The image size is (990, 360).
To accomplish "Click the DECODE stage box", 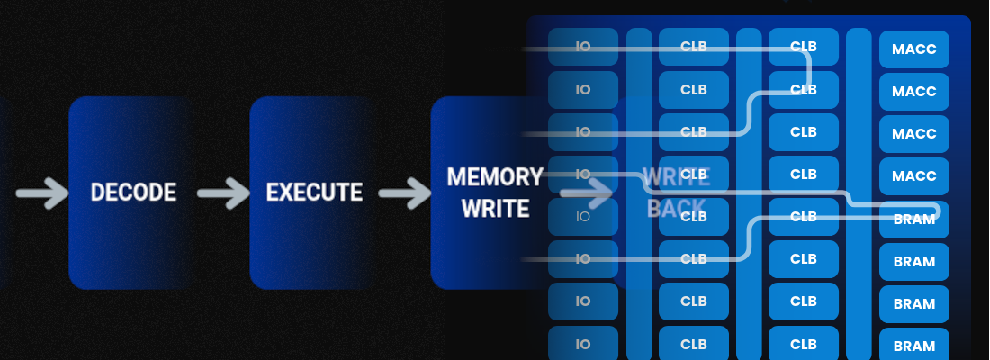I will coord(133,192).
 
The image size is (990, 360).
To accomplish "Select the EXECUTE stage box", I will coord(314,192).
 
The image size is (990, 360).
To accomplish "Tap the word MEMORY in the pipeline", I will coord(494,176).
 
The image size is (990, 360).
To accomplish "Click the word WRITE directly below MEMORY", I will coord(495,209).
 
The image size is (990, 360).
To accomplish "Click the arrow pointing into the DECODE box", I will coord(41,192).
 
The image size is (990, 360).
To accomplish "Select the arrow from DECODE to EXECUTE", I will coord(223,192).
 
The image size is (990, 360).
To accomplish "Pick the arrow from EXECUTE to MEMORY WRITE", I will coord(404,192).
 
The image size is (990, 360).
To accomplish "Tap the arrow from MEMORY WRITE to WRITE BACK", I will coord(586,192).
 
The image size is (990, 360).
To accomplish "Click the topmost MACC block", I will coord(914,49).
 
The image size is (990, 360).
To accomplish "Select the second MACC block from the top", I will coord(914,91).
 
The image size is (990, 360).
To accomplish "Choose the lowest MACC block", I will coord(914,175).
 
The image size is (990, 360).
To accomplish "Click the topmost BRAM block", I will coord(914,219).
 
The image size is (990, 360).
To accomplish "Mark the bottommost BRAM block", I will coord(914,346).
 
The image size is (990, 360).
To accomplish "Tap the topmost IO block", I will coord(583,47).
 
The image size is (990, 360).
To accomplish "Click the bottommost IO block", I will coord(583,343).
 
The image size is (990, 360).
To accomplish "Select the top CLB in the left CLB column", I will coord(694,47).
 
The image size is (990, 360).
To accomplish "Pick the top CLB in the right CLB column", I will coord(804,47).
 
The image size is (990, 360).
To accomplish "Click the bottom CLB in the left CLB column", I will coord(694,343).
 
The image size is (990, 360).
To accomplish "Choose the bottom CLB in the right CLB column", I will coord(804,343).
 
